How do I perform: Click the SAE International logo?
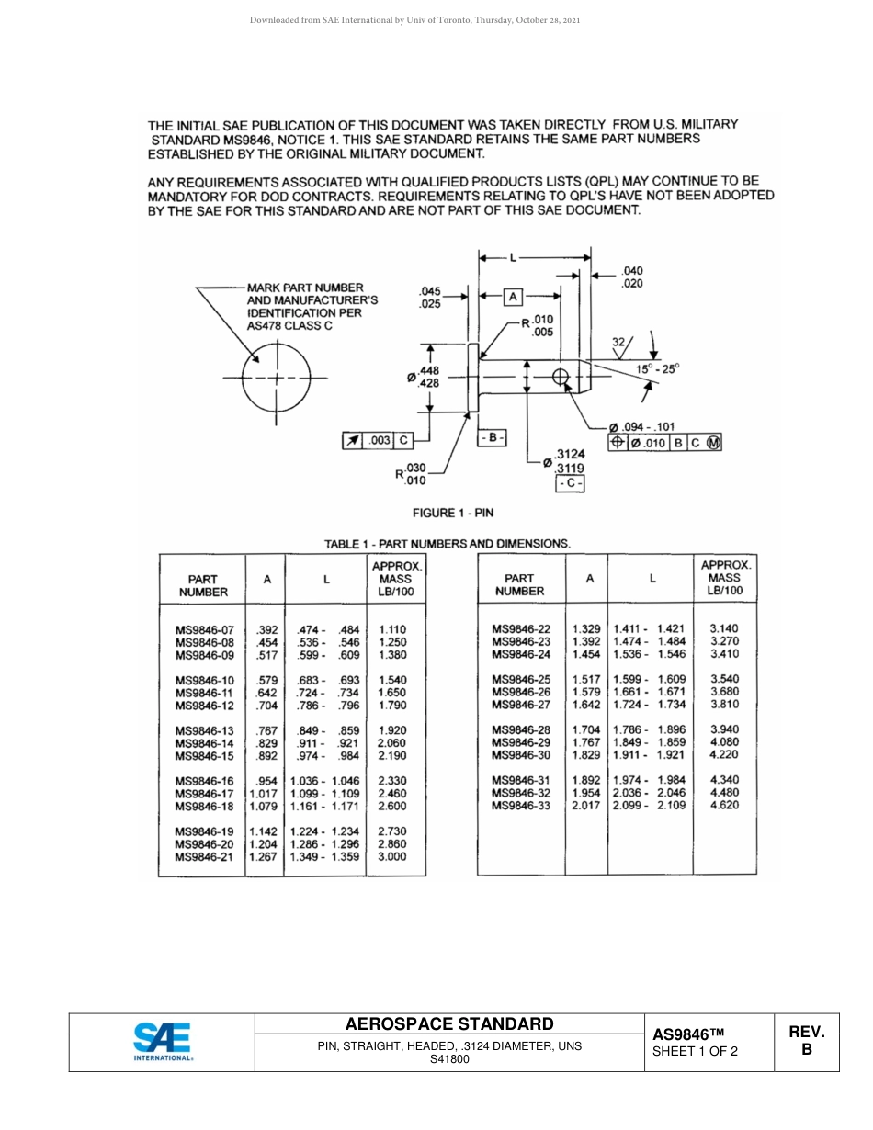pos(162,1043)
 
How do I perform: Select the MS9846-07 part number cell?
pos(204,630)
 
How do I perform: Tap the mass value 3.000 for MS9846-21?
pos(392,856)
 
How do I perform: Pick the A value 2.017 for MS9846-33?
pos(586,805)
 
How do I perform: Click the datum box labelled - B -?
pos(493,438)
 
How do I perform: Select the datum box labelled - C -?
pos(569,483)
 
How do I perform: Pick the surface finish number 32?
pos(619,342)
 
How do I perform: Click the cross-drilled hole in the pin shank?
pos(561,377)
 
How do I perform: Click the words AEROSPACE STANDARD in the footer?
pos(449,1024)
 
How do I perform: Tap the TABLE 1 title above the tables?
pos(448,543)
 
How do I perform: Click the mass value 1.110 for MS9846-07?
pos(392,630)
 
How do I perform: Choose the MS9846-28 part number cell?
pos(521,729)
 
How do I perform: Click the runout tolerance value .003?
pos(380,440)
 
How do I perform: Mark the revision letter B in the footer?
pos(807,1049)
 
